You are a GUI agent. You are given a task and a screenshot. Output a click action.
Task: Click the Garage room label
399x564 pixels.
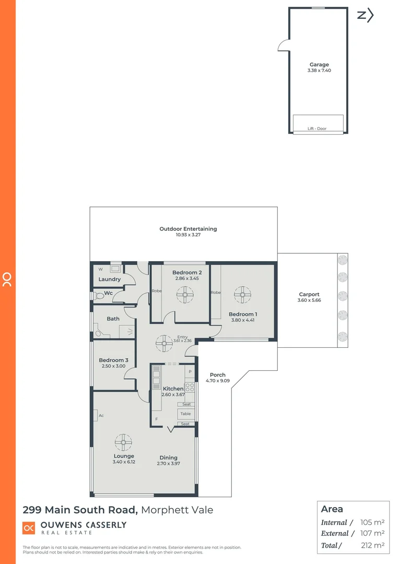pos(319,65)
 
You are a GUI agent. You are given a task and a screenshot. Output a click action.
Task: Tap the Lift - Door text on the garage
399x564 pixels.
pos(317,128)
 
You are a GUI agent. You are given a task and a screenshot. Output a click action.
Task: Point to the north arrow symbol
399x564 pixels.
pos(365,15)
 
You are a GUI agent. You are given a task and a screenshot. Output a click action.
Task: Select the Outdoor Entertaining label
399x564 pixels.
pos(188,229)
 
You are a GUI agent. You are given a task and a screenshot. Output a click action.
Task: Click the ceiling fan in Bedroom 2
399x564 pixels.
pos(185,296)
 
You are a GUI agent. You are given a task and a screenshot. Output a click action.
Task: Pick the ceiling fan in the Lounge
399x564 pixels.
pos(123,443)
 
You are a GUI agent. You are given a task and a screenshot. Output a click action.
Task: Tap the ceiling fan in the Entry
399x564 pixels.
pos(165,343)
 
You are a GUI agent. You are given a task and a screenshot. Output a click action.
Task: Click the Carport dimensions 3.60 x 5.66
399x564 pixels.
pos(309,301)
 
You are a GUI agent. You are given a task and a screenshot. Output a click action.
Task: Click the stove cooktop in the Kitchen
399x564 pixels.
pos(190,387)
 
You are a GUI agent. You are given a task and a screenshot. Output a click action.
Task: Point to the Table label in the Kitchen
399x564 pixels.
pos(185,414)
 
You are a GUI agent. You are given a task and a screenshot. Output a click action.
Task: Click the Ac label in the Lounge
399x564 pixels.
pos(101,416)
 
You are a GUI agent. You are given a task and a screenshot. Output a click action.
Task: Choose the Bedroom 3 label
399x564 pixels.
pos(113,360)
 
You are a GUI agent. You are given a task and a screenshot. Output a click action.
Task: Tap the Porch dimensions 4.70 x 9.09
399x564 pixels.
pos(217,381)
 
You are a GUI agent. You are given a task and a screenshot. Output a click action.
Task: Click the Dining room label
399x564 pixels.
pos(168,457)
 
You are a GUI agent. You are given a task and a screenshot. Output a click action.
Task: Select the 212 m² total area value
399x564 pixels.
pos(372,545)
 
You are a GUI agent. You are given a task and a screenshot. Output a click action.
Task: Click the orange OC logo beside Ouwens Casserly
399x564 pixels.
pos(29,528)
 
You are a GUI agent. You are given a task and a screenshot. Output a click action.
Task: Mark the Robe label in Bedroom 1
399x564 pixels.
pos(216,293)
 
